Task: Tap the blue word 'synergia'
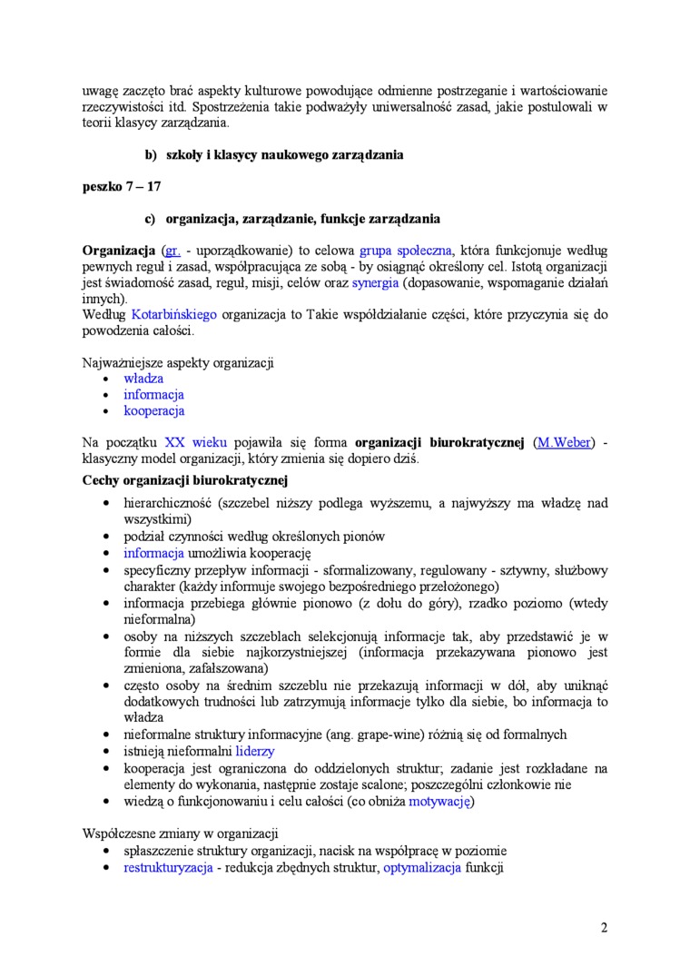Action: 375,282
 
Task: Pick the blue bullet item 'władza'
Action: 143,379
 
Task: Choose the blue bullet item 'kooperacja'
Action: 154,411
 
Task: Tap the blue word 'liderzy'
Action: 255,752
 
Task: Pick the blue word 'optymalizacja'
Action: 422,868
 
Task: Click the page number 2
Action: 604,927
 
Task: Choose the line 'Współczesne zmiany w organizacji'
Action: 180,833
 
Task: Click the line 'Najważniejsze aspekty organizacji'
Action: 178,362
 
